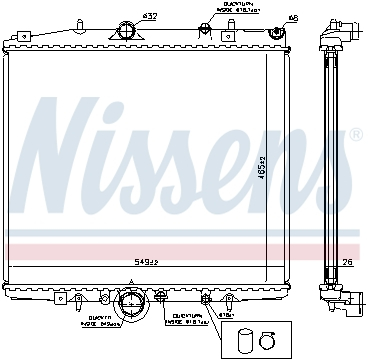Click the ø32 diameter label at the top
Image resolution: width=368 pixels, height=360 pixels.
149,17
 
